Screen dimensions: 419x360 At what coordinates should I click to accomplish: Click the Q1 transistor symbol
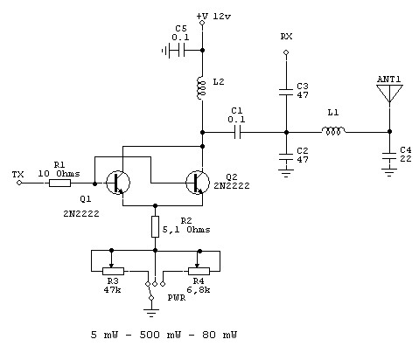coord(117,183)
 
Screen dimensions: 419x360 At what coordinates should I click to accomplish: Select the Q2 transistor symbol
coord(198,183)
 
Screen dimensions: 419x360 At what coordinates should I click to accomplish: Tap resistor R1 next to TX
coord(59,183)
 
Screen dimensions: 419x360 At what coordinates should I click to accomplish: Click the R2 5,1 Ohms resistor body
coord(155,226)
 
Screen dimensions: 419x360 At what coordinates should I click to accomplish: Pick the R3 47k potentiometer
coord(113,271)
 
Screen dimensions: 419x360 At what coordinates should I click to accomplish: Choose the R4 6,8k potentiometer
coord(199,271)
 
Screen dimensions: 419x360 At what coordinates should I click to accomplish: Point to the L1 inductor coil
coord(333,131)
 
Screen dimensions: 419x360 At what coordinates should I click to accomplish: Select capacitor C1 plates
coord(238,133)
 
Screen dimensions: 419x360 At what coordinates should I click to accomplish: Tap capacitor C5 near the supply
coord(178,51)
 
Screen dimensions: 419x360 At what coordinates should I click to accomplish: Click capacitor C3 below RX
coord(286,92)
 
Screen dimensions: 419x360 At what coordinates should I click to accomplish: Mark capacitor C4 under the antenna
coord(389,156)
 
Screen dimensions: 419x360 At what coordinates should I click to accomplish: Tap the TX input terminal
coord(19,183)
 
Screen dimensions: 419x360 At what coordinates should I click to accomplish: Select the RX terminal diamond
coord(286,52)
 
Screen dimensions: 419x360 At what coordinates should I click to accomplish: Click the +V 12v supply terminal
coord(202,23)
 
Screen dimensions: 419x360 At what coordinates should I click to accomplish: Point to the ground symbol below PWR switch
coord(151,313)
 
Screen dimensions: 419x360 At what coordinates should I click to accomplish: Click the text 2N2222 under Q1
coord(81,214)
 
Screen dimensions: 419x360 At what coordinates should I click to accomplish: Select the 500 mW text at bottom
coord(160,335)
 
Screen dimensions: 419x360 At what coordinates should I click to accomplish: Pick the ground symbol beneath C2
coord(286,174)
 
